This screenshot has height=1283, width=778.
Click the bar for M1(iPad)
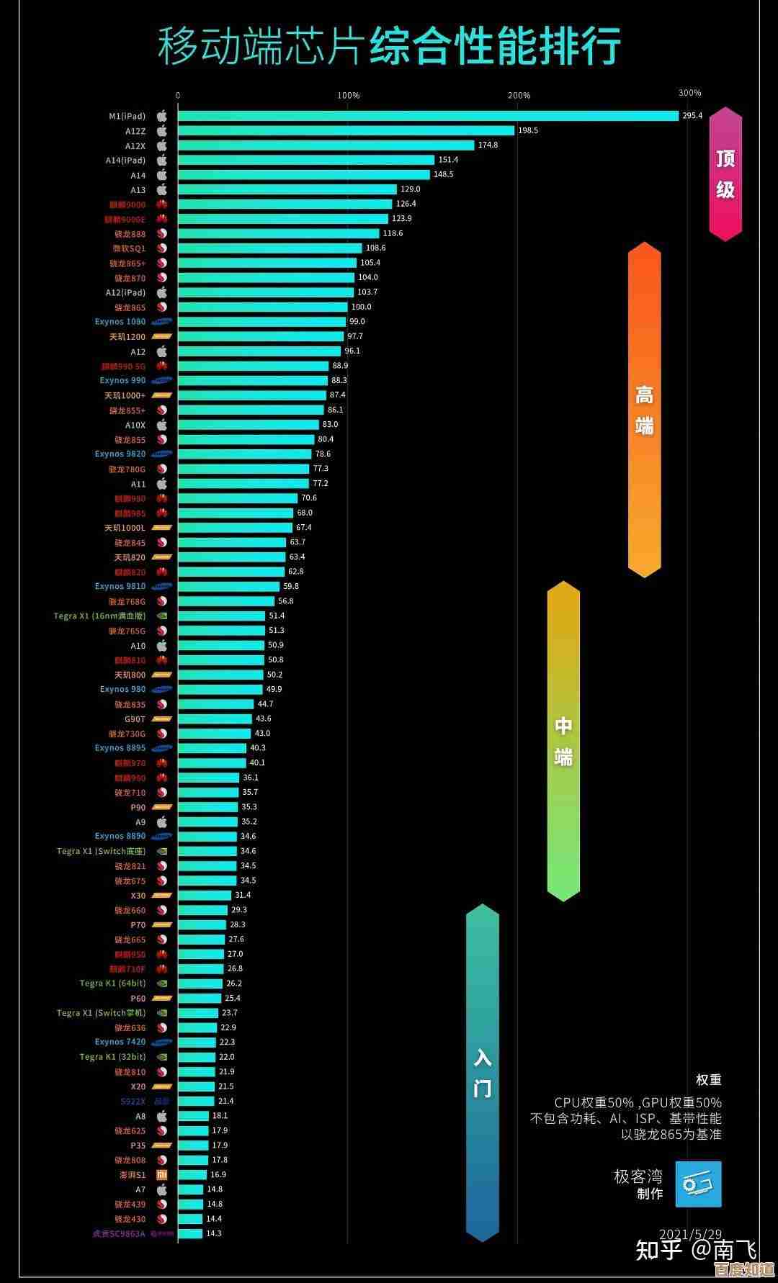tap(428, 116)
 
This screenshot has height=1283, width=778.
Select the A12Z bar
tap(346, 130)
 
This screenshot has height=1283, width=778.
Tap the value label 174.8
tap(488, 145)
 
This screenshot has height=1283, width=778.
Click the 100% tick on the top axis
tap(348, 95)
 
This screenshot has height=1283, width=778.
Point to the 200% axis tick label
tap(519, 95)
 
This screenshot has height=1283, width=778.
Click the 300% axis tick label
tap(689, 93)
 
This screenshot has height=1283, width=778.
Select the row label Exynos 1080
tap(120, 322)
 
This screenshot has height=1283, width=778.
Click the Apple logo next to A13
tap(162, 189)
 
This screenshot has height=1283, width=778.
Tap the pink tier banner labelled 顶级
tap(725, 174)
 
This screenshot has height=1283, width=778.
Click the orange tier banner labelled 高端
tap(644, 410)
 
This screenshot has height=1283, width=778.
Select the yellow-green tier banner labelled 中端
tap(563, 741)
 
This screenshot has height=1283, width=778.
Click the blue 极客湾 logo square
tap(698, 1184)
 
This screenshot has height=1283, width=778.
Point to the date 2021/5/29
tap(690, 1234)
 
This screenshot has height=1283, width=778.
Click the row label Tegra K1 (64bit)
tap(112, 983)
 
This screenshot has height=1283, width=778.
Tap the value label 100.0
tap(361, 307)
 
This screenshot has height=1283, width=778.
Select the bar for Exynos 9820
tap(244, 454)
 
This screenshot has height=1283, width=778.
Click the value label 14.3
tap(214, 1233)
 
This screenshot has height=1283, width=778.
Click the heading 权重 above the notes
tap(708, 1080)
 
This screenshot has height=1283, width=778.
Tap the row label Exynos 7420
tap(120, 1042)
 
